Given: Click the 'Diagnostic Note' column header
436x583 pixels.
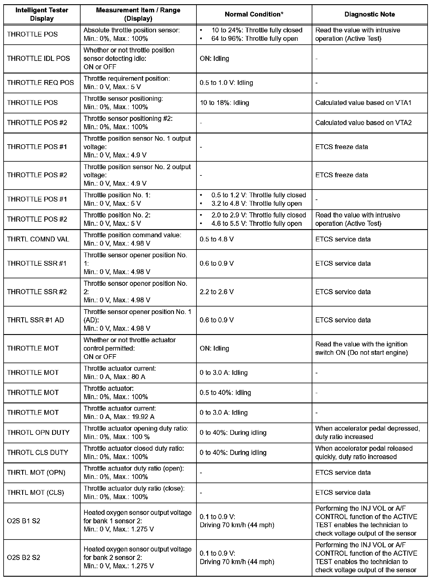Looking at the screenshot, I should point(370,14).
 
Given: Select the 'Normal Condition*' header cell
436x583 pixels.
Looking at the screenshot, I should point(254,14).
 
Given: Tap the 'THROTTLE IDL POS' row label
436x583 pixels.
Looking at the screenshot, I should point(38,58).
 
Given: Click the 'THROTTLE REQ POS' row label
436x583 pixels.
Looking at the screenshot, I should point(40,83).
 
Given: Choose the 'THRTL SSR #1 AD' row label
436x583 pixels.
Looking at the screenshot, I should point(35,320).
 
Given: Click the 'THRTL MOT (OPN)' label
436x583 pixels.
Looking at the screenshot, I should point(36,473).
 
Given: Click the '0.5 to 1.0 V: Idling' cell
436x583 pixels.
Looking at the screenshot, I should point(226,83).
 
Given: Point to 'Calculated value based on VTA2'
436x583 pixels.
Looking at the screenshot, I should point(363,123).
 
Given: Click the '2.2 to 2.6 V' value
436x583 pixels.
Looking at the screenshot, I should point(217,292).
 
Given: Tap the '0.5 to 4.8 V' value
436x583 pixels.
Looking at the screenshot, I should point(217,239).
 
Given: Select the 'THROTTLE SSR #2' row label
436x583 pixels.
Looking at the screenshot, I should point(37,292).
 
